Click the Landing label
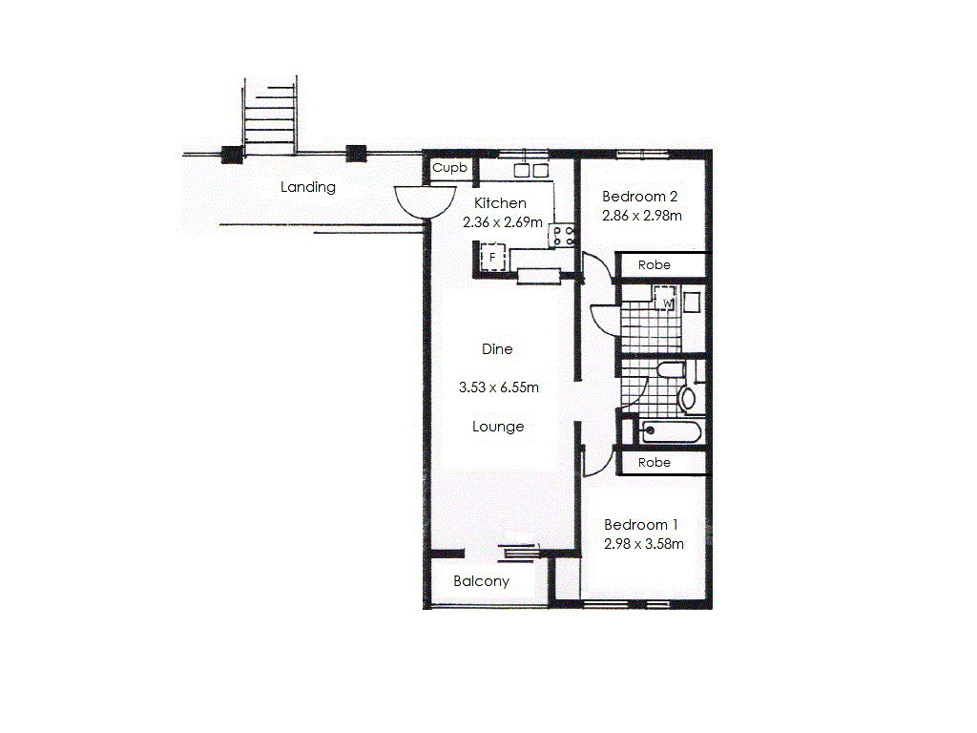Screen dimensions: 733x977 [x=308, y=187]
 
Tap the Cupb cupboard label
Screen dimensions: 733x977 [x=450, y=168]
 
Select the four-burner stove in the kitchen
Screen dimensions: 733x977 [x=562, y=236]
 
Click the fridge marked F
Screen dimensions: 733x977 [x=492, y=258]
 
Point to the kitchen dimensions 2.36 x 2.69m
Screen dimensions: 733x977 [x=501, y=221]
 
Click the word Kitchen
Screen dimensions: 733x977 [x=500, y=202]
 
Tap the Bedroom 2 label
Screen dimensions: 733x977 [x=640, y=197]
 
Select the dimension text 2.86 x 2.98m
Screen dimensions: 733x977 [x=642, y=216]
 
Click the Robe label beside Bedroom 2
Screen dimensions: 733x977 [x=655, y=264]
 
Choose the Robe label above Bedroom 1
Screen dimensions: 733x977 [x=655, y=462]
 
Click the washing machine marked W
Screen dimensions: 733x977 [x=668, y=303]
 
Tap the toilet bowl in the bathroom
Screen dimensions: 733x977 [x=687, y=397]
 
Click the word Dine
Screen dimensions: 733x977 [x=497, y=349]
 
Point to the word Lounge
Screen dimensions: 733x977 [x=498, y=427]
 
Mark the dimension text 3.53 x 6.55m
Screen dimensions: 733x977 [x=499, y=387]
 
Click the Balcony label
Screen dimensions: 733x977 [x=481, y=581]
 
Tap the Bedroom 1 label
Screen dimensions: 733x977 [x=641, y=525]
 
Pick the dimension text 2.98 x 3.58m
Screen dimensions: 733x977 [x=643, y=544]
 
